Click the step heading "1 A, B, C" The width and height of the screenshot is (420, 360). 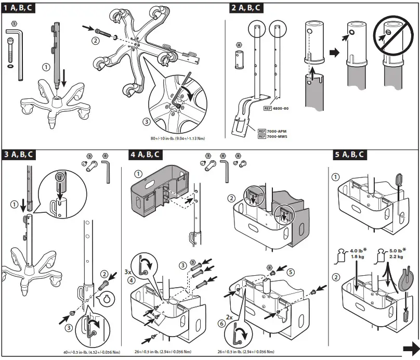tap(19, 8)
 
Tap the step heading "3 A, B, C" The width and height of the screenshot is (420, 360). tap(19, 155)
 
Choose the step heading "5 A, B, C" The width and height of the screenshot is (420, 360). tap(349, 155)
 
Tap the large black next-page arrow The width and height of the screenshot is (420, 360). tap(411, 348)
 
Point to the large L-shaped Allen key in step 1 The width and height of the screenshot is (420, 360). tap(18, 52)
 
